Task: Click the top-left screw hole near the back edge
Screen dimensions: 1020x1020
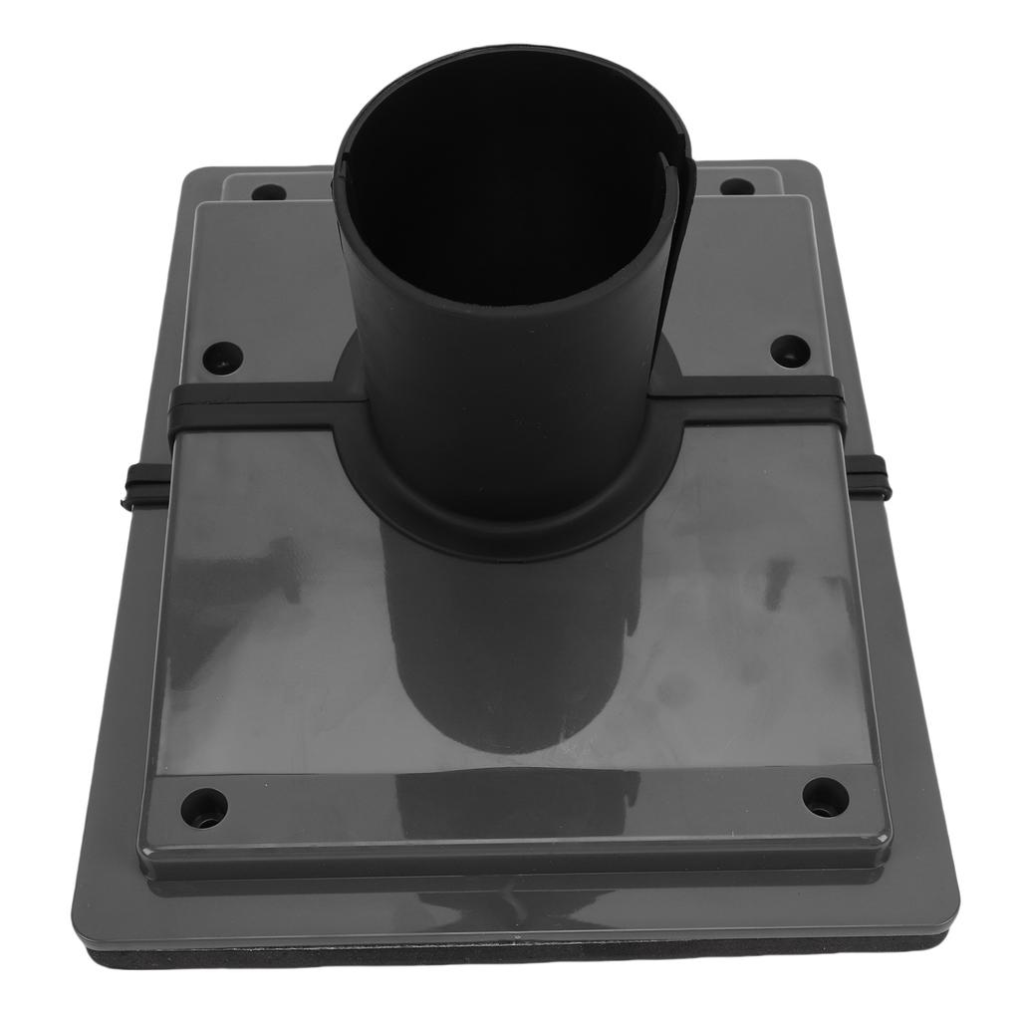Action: tap(268, 192)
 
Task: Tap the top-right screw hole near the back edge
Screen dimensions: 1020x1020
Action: tap(736, 187)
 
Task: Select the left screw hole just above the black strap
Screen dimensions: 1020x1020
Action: tap(221, 357)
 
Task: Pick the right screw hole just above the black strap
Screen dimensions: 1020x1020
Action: tap(790, 351)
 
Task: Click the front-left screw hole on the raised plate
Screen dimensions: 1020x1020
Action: tap(204, 805)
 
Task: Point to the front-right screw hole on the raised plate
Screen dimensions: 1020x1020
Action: tap(826, 797)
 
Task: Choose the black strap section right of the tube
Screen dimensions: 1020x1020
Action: tap(757, 403)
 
